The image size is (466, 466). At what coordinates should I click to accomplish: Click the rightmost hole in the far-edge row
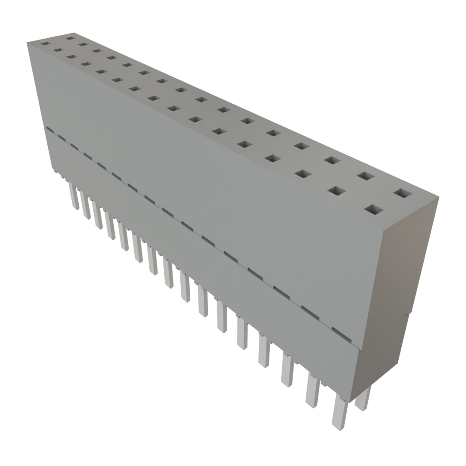click(402, 193)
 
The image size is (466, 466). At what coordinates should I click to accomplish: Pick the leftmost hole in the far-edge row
click(70, 38)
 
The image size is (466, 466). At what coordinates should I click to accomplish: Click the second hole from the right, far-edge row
click(365, 176)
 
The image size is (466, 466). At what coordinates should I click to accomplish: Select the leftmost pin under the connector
click(73, 196)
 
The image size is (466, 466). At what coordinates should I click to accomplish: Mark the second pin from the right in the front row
click(312, 390)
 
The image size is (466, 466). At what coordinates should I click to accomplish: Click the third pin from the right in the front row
click(287, 370)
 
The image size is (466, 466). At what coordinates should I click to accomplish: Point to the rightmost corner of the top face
click(439, 197)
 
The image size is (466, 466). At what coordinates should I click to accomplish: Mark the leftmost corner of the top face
click(26, 41)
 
